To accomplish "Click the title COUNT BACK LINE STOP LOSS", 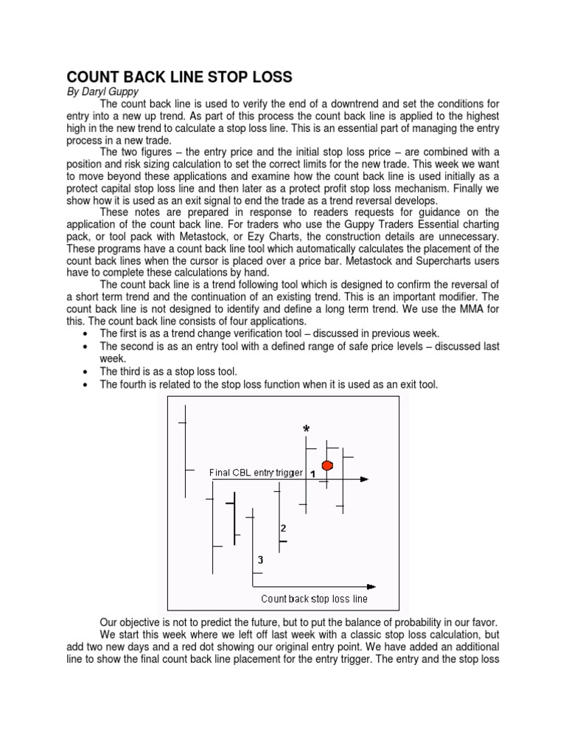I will [180, 77].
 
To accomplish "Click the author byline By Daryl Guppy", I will [103, 92].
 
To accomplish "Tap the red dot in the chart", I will [328, 465].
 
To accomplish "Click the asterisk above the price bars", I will [306, 429].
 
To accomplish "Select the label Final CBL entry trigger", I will [256, 473].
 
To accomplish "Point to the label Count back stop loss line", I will [314, 599].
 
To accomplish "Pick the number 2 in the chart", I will [283, 529].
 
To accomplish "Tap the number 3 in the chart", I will [259, 560].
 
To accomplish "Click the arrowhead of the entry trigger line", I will [364, 479].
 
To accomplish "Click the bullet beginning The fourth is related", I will [268, 385].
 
